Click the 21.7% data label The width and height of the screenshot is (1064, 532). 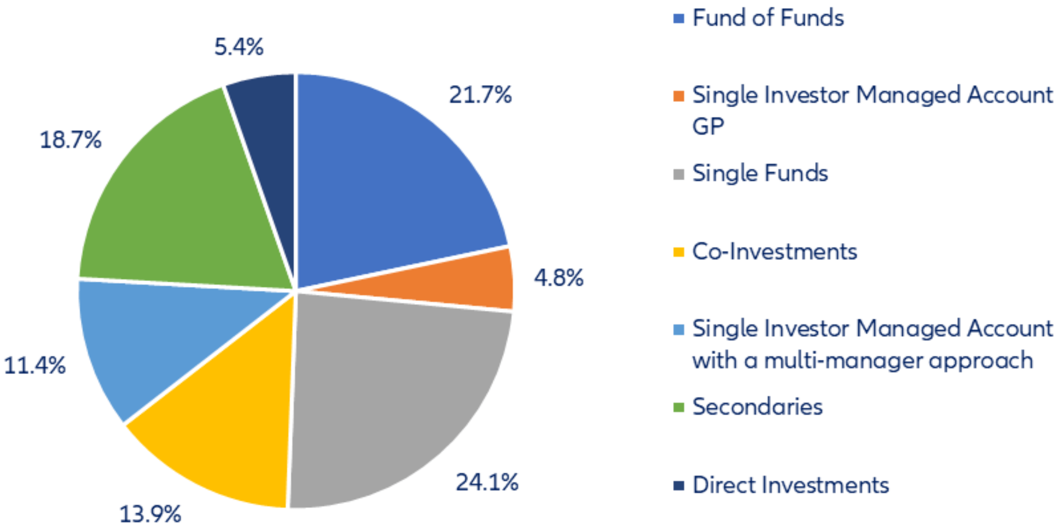480,95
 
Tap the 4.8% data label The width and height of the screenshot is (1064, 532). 558,278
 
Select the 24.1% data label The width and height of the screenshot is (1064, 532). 487,482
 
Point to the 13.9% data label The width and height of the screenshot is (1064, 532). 150,514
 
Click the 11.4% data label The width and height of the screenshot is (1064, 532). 35,366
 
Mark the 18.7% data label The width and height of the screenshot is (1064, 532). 70,141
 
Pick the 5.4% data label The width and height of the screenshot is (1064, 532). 239,47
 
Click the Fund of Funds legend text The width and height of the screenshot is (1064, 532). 768,18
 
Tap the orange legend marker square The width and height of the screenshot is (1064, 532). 679,96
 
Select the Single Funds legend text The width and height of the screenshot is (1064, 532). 760,173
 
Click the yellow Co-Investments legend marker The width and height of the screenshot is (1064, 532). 679,252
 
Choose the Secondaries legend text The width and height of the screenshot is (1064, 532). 757,407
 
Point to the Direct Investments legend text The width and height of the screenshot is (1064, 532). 790,485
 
